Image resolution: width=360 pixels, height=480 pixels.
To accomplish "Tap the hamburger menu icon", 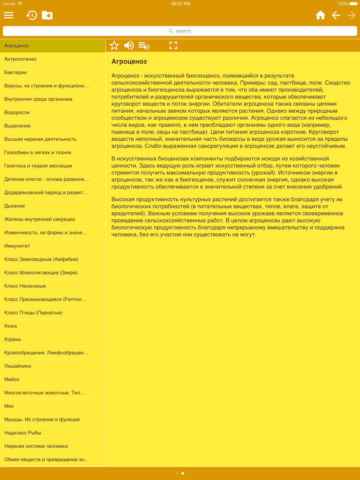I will click(x=9, y=15).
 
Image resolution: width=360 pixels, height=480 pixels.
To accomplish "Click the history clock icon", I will click(x=32, y=15).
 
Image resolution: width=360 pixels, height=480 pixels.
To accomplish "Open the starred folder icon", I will click(x=47, y=15).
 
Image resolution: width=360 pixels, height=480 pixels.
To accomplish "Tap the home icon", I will click(x=320, y=15).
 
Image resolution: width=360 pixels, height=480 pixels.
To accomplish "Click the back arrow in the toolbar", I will click(x=336, y=15).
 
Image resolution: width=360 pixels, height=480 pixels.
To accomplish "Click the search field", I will click(x=180, y=31).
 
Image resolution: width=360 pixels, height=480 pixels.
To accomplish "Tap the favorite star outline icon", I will click(x=114, y=45).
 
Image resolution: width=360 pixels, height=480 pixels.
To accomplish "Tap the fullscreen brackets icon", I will click(x=173, y=45).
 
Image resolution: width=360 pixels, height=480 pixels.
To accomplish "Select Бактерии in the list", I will click(x=15, y=72).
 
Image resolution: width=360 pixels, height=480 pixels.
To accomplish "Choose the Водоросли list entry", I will click(x=17, y=112).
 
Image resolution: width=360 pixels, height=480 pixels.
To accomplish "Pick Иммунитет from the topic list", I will click(x=17, y=246).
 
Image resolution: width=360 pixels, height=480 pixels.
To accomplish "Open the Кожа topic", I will click(x=11, y=326).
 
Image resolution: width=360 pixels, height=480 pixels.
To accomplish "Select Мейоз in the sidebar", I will click(x=12, y=379).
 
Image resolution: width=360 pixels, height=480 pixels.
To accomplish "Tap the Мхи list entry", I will click(x=9, y=406).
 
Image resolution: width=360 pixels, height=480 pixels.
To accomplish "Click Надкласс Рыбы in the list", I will click(x=23, y=433).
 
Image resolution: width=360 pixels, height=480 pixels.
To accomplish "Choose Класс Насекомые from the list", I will click(x=25, y=286).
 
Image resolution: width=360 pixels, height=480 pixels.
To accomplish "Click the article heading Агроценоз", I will click(x=129, y=62).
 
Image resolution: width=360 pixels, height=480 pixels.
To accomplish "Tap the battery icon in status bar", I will click(x=353, y=4).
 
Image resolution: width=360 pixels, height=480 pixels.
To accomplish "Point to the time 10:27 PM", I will click(x=181, y=4).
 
